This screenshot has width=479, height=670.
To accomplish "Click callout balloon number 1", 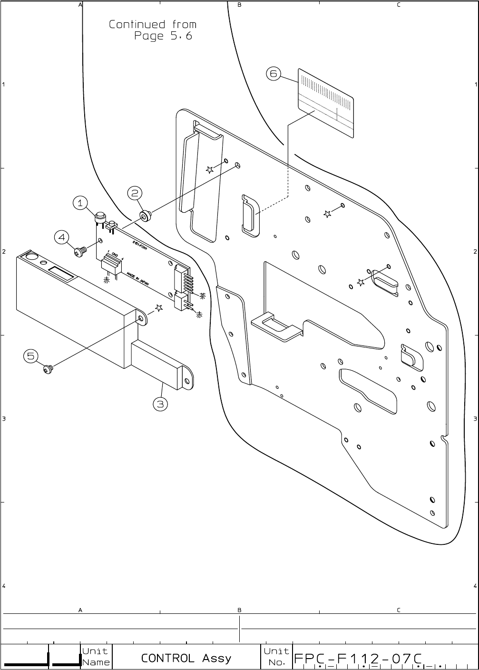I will [x=80, y=203].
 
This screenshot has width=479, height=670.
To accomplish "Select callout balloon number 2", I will [x=135, y=193].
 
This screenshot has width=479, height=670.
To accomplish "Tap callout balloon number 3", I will [x=160, y=404].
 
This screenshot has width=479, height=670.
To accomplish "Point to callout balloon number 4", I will [x=61, y=237].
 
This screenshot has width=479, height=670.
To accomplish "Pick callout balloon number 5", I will [x=31, y=356].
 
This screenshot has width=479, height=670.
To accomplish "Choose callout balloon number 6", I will [x=273, y=74].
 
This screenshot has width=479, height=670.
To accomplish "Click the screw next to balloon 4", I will [x=80, y=250].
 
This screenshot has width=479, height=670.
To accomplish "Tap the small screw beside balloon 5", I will [x=48, y=368].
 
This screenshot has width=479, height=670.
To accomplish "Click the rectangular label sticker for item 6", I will [x=326, y=103].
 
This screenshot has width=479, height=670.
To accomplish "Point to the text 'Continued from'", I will [x=152, y=24].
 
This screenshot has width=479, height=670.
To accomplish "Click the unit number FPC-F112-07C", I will [x=358, y=659].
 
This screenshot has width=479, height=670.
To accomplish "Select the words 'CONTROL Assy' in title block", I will [x=186, y=659].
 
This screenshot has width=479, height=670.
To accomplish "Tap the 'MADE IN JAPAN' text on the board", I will [x=138, y=279].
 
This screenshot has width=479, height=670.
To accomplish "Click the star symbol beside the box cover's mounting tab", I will [x=158, y=308].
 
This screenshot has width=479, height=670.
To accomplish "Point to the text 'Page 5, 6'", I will [x=163, y=36].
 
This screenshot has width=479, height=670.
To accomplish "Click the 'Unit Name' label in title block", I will [x=96, y=657].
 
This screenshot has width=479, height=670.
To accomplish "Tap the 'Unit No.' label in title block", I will [x=276, y=657].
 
